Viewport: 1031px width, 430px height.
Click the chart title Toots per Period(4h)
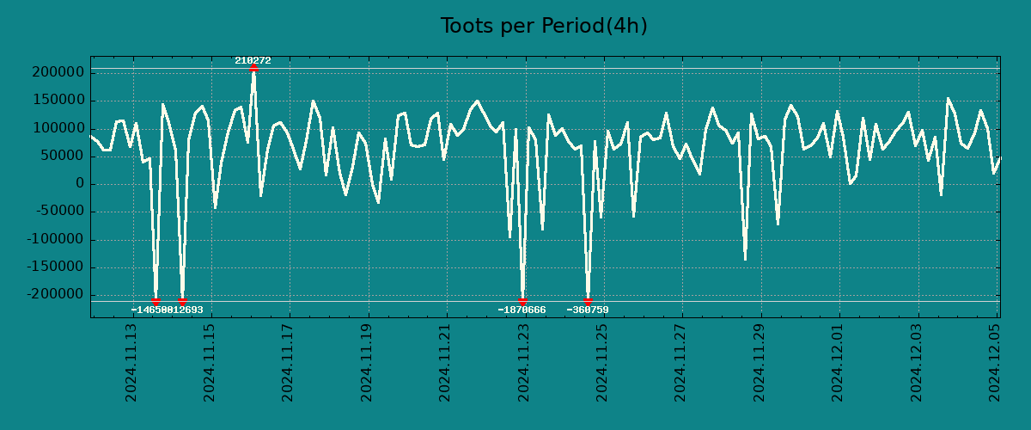click(x=544, y=26)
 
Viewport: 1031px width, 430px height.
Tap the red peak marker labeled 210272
click(x=253, y=67)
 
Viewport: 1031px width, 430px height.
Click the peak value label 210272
click(x=253, y=60)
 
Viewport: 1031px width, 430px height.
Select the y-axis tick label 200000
click(x=56, y=72)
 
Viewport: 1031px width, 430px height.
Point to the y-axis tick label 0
click(x=80, y=184)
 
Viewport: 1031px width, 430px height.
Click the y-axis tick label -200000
click(x=52, y=295)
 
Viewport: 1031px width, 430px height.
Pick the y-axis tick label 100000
click(x=56, y=128)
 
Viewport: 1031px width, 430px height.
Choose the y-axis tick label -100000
click(x=52, y=240)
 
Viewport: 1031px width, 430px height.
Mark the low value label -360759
click(x=588, y=310)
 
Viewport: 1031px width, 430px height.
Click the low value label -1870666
click(x=522, y=310)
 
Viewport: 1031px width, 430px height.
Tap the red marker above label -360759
click(x=588, y=301)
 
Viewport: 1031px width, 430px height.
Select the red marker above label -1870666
click(x=522, y=301)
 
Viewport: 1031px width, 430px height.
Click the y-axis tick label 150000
click(x=56, y=101)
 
